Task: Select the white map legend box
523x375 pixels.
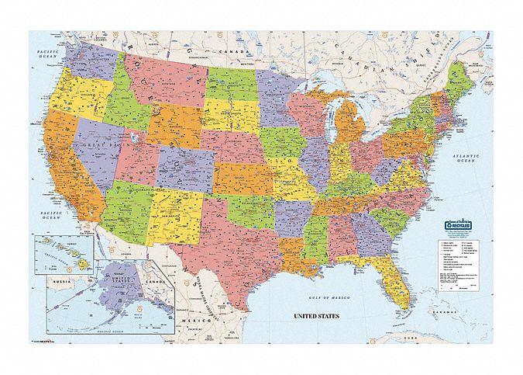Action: (456, 264)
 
